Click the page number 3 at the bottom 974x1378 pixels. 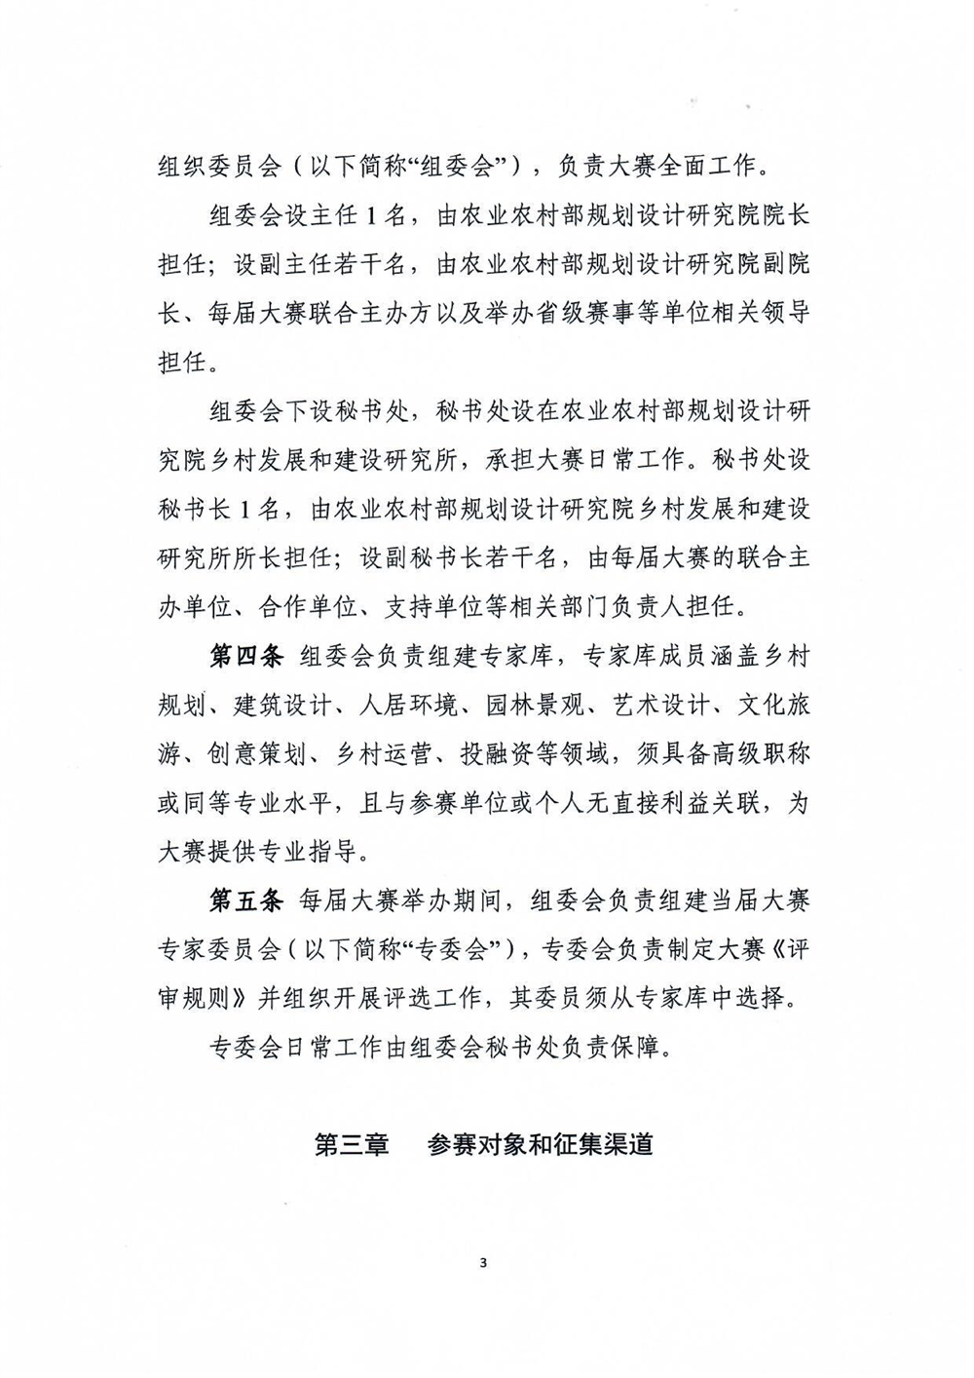point(483,1265)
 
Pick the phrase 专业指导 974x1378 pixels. point(321,852)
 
